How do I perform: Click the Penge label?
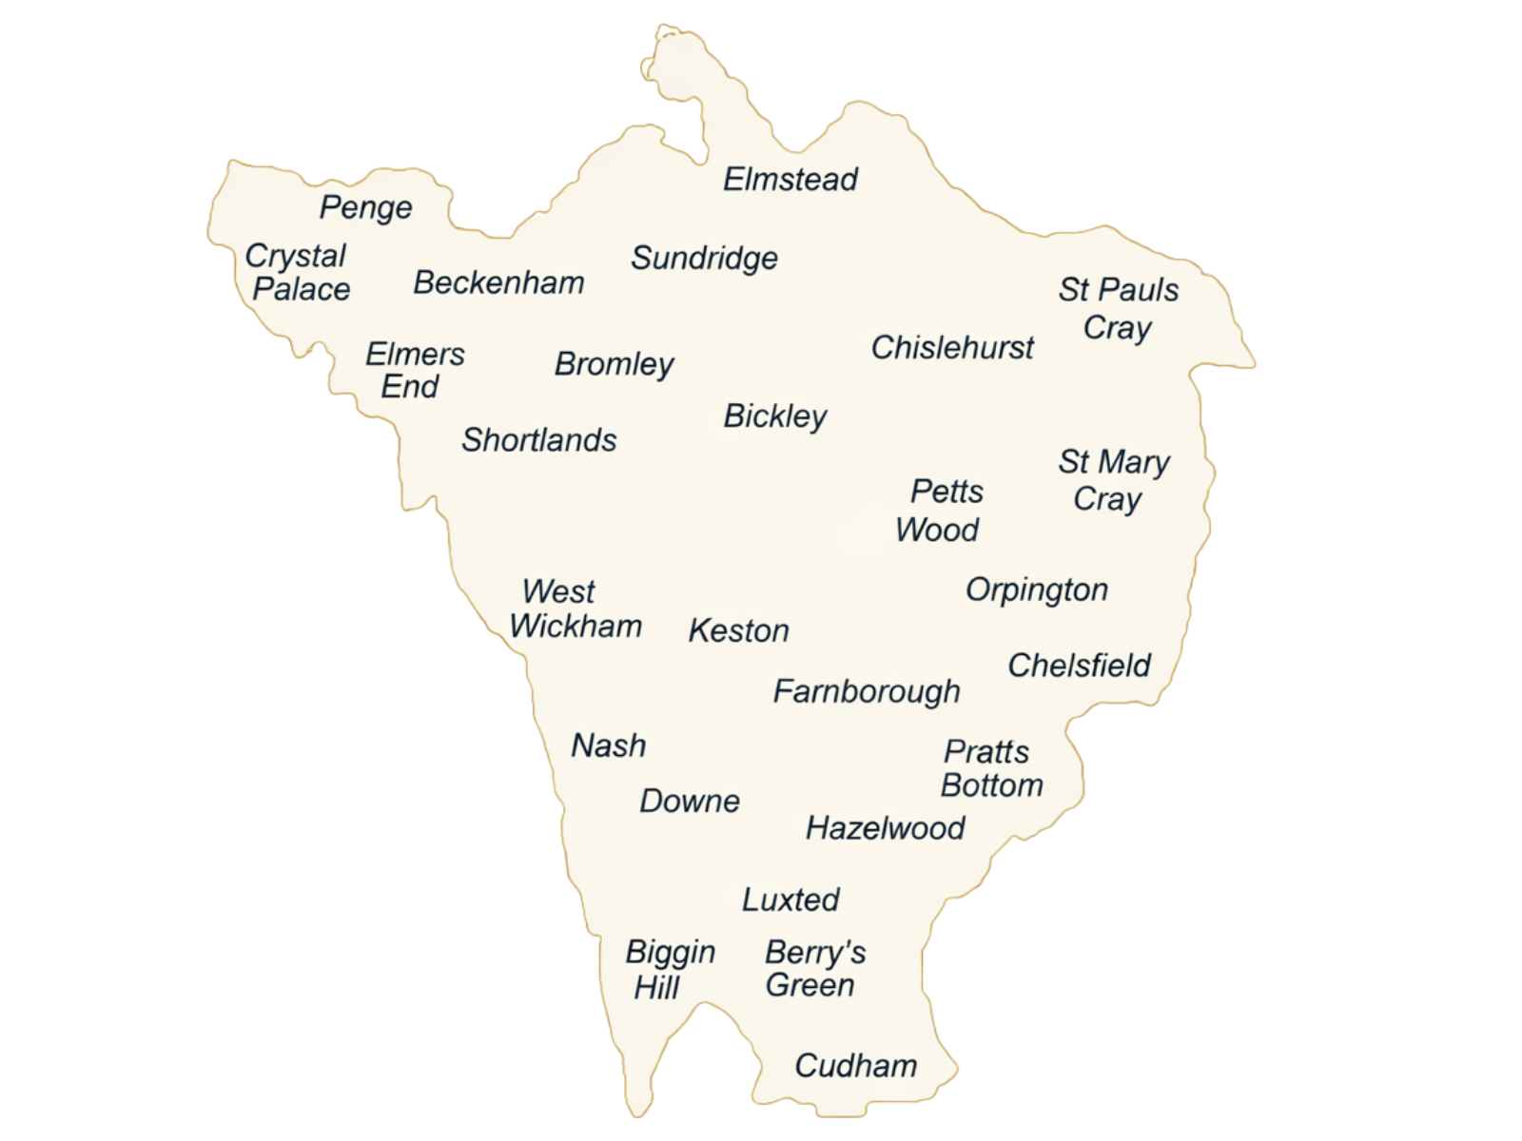tap(366, 207)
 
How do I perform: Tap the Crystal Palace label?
tap(299, 272)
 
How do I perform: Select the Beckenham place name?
tap(499, 282)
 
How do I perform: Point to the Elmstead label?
tap(790, 179)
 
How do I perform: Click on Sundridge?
tap(705, 258)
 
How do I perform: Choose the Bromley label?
tap(615, 364)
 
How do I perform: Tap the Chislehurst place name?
tap(952, 347)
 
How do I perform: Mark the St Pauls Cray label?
tap(1119, 308)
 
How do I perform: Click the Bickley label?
tap(775, 416)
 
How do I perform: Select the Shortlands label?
tap(539, 439)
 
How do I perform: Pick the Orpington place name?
tap(1037, 590)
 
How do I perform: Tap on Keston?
tap(739, 630)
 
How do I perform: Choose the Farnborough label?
tap(867, 691)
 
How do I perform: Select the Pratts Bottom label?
tap(991, 768)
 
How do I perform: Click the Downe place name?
tap(690, 801)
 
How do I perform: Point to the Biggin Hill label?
tap(669, 969)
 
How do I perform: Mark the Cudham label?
tap(856, 1066)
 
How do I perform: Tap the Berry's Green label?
tap(814, 968)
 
